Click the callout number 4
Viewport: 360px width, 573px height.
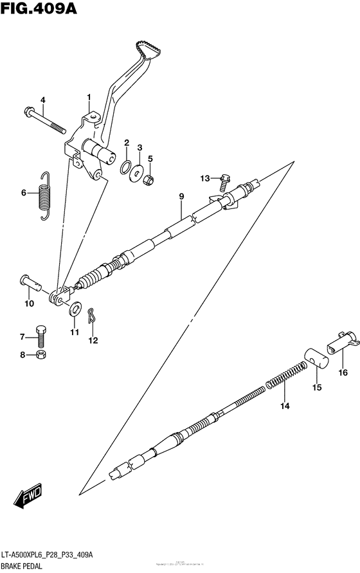click(43, 100)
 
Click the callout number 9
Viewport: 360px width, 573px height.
click(181, 196)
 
